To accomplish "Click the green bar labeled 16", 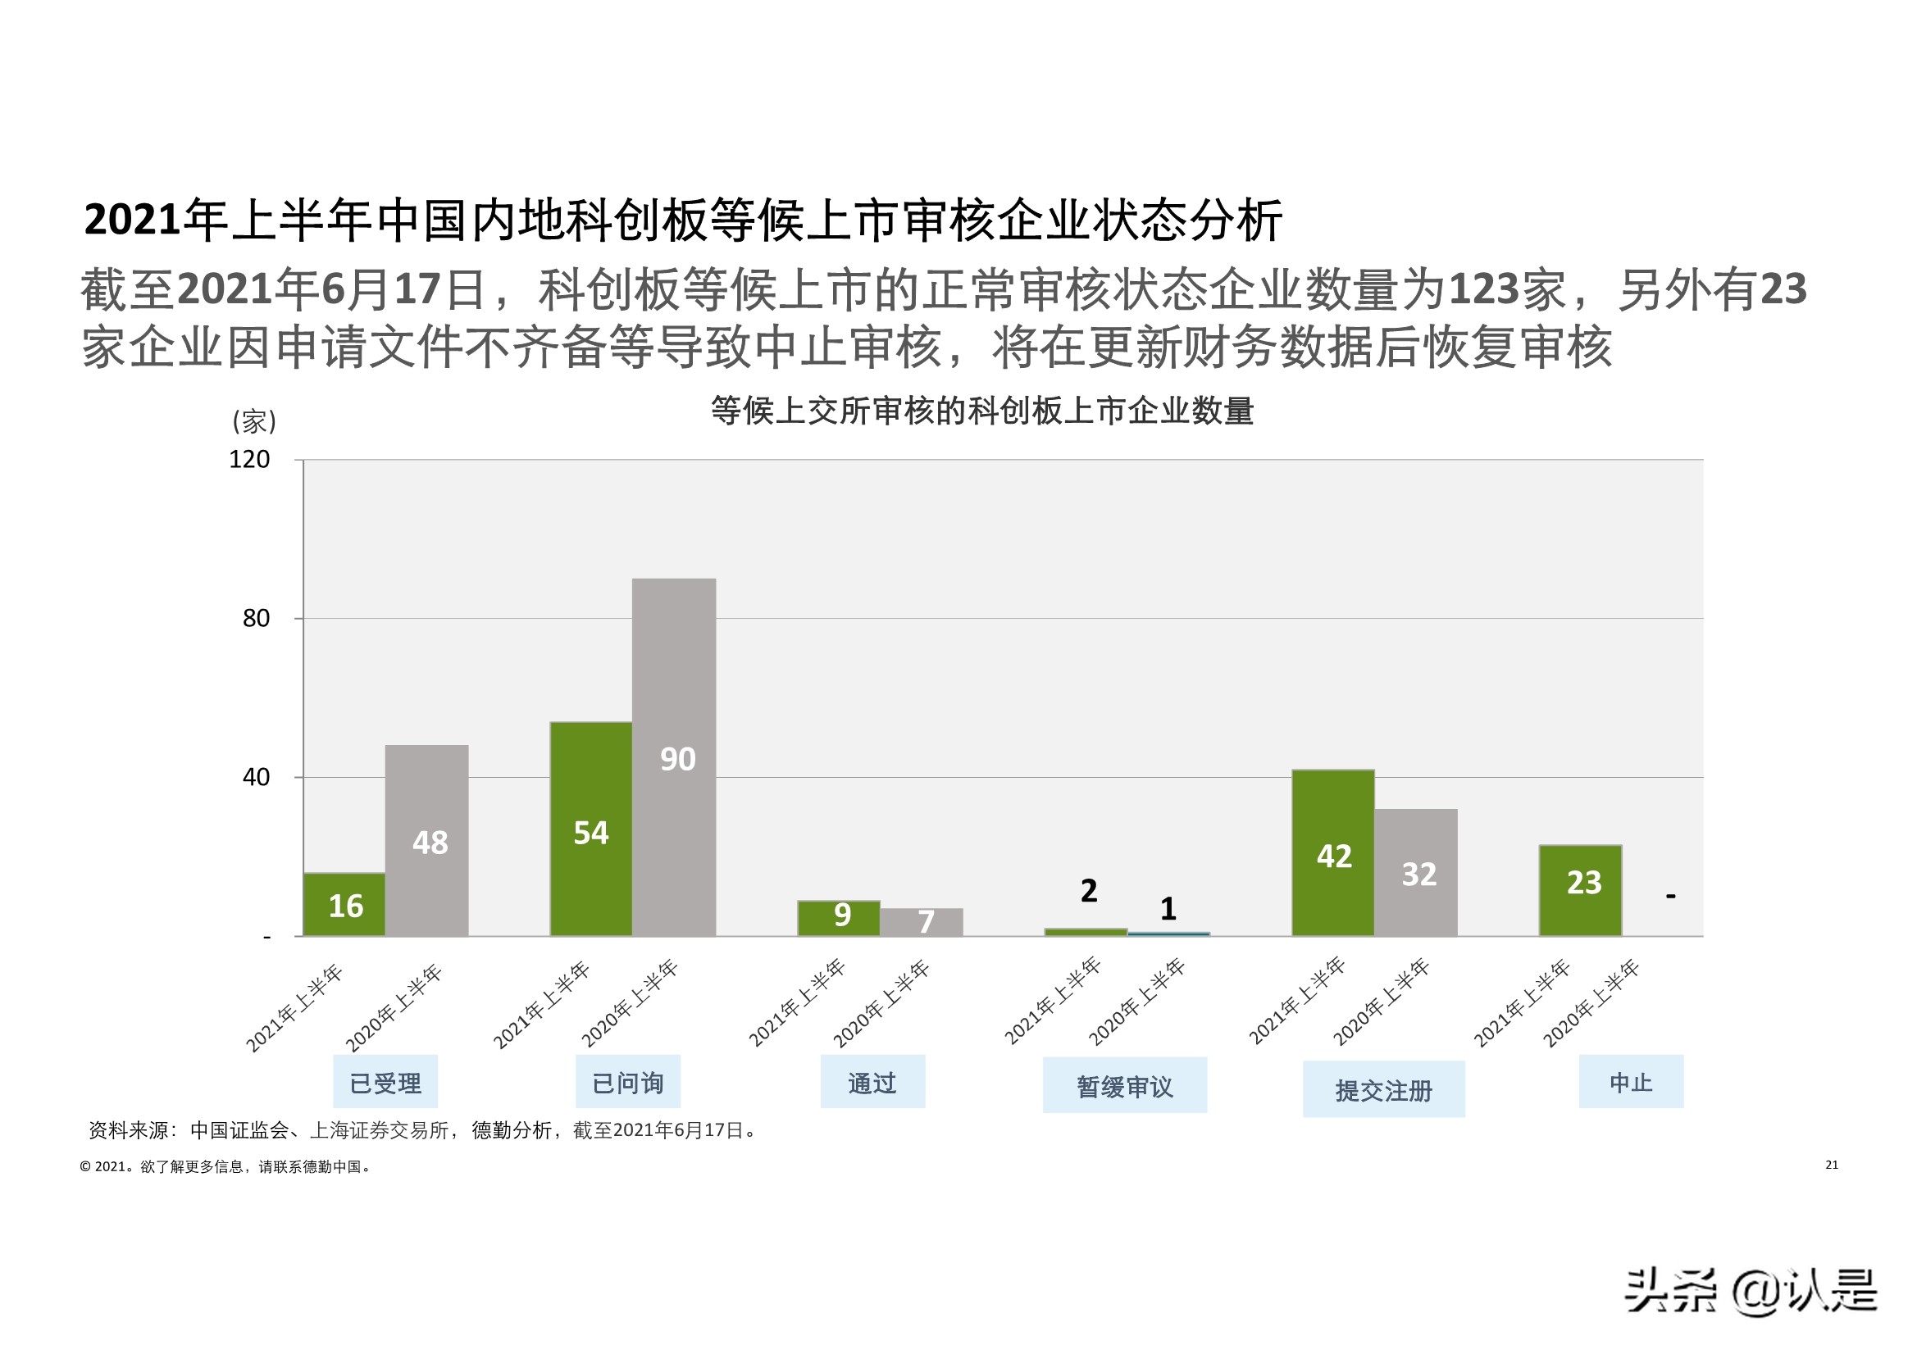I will tap(344, 904).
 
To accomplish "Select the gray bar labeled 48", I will tap(426, 840).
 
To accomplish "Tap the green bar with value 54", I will tap(590, 829).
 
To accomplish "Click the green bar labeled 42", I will tap(1332, 852).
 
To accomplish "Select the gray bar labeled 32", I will tap(1416, 872).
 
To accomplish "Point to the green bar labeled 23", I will tap(1581, 890).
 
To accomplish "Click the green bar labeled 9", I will tap(838, 917).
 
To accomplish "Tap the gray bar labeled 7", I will tap(922, 921).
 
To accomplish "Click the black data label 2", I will tap(1088, 891).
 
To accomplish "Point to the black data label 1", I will tap(1168, 908).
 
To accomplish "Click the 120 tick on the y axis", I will tap(249, 459).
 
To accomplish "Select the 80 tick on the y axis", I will tap(256, 619).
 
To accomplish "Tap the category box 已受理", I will tap(385, 1083).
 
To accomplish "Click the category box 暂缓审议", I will tap(1125, 1086).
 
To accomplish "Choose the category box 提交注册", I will tap(1383, 1090).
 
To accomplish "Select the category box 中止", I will tap(1631, 1082).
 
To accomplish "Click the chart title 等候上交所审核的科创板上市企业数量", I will tap(982, 411).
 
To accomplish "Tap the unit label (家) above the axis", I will tap(254, 420).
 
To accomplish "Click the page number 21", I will tap(1831, 1165).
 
